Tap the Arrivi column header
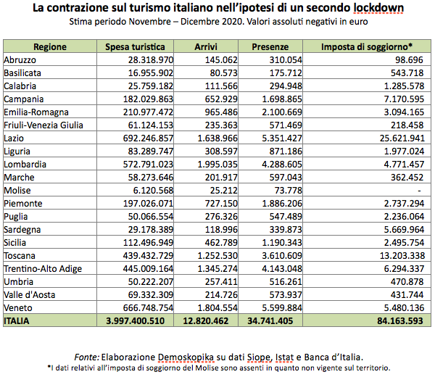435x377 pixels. [x=206, y=46]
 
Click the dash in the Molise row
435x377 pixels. [x=420, y=189]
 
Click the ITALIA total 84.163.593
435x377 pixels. [x=397, y=320]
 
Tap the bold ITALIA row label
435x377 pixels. [x=17, y=320]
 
